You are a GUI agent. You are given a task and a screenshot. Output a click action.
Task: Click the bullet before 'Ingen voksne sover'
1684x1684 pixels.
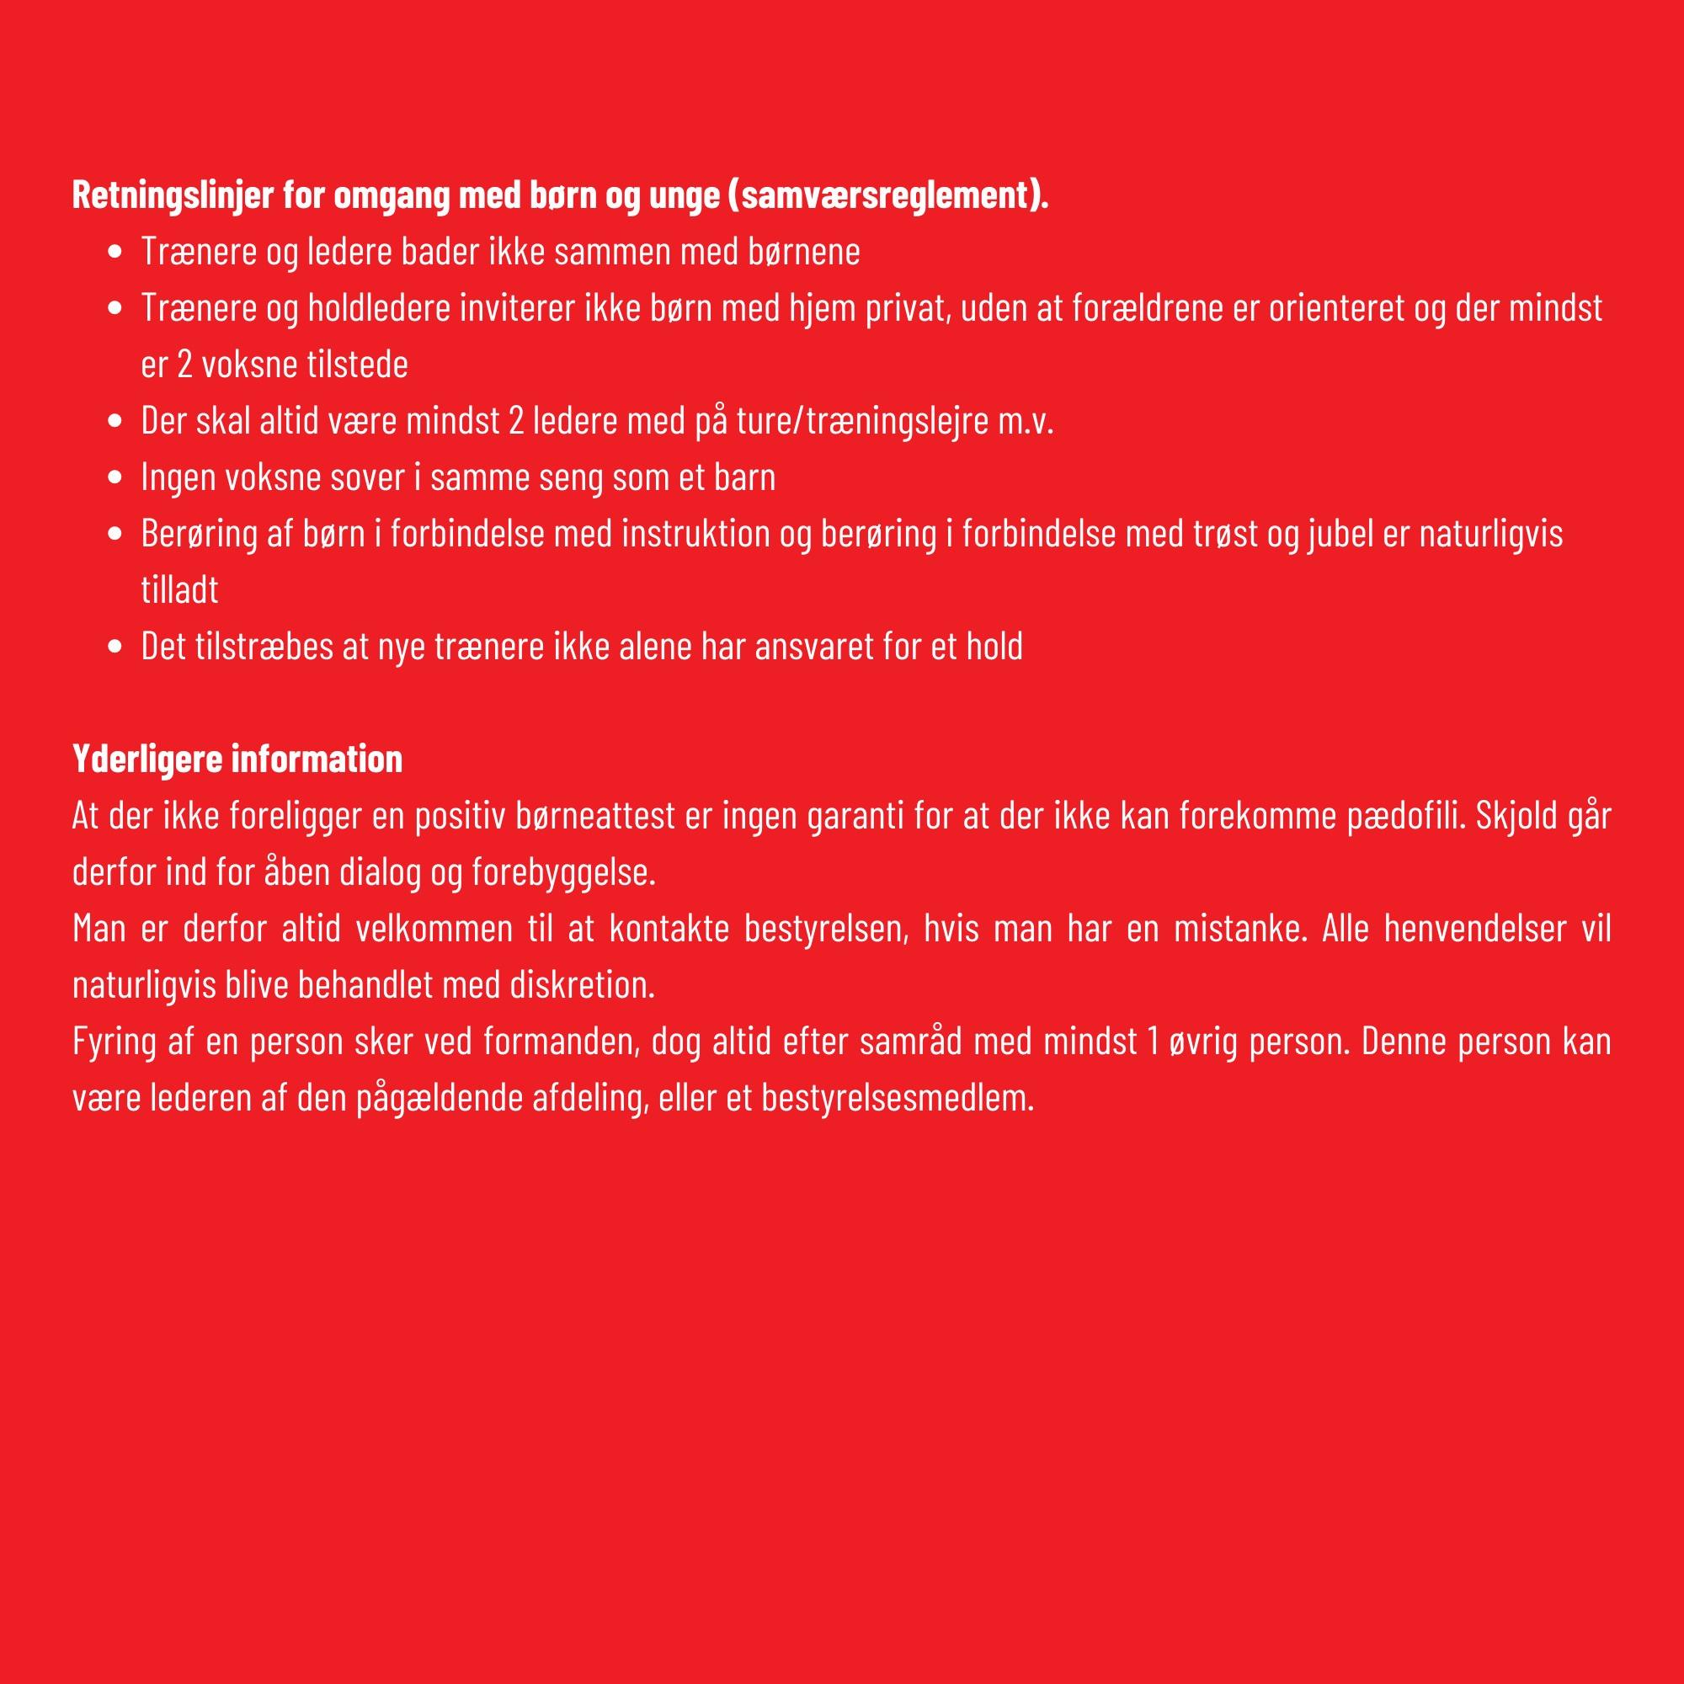click(x=115, y=477)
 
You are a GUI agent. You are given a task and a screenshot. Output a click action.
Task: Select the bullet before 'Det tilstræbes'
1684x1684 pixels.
click(x=115, y=647)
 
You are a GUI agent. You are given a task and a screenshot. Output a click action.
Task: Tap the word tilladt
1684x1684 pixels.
click(x=179, y=590)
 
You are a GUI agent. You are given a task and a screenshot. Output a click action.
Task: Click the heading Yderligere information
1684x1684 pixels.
click(x=237, y=759)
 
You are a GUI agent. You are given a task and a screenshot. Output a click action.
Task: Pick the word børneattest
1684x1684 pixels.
click(x=595, y=816)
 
